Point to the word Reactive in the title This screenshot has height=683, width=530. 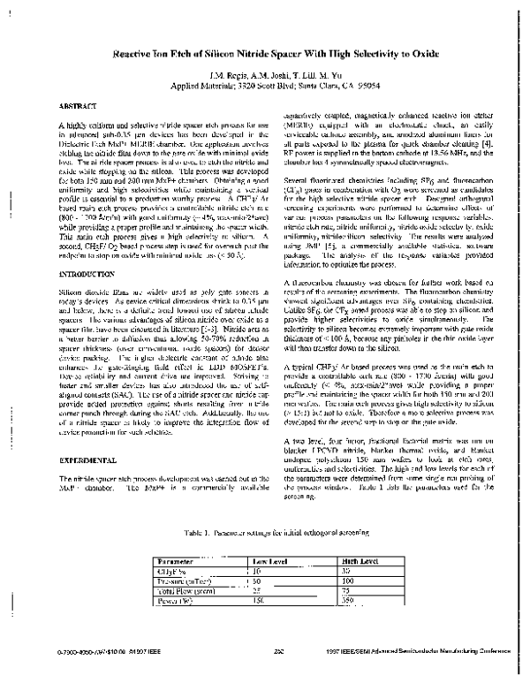(140, 52)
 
